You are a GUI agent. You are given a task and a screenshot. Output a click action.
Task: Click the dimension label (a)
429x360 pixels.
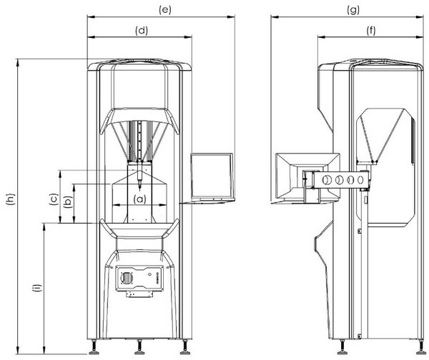[x=140, y=199]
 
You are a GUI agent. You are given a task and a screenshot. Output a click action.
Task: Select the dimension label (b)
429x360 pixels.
[x=68, y=202]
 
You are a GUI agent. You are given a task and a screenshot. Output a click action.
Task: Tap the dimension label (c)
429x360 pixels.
[x=54, y=199]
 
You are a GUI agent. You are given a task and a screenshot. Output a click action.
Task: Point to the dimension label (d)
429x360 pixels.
[x=142, y=31]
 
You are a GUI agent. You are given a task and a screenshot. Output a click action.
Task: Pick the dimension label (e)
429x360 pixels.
[x=165, y=10]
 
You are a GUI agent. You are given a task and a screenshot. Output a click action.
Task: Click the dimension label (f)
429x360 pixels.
[x=371, y=31]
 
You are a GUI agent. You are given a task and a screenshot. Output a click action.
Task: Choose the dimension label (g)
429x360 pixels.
[x=353, y=11]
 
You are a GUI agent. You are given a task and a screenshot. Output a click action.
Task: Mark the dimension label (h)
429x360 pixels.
[x=11, y=199]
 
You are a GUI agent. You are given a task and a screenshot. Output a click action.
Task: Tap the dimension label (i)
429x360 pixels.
[x=37, y=288]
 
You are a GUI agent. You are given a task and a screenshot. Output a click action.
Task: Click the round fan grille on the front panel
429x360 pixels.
[x=127, y=279]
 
